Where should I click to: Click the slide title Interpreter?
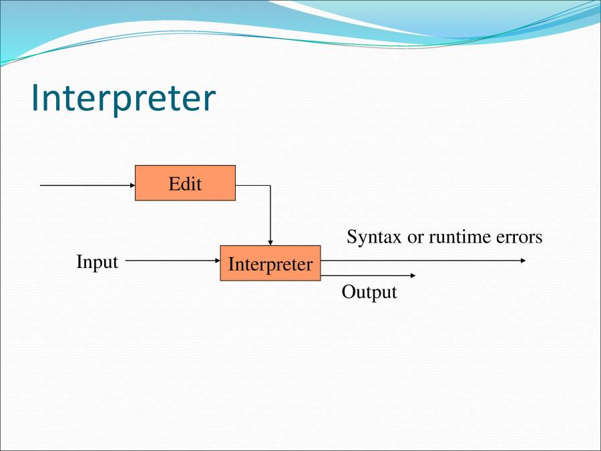123,98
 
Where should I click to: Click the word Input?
97,262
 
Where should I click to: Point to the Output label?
369,292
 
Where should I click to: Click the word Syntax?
374,237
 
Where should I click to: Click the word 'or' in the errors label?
415,237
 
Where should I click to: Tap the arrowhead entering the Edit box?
132,185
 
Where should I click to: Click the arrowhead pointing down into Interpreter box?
270,242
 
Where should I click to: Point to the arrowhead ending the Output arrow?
413,275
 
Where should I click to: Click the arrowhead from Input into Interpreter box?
217,261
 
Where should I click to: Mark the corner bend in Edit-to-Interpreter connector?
270,186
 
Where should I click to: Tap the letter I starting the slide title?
36,98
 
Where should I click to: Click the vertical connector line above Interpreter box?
270,214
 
